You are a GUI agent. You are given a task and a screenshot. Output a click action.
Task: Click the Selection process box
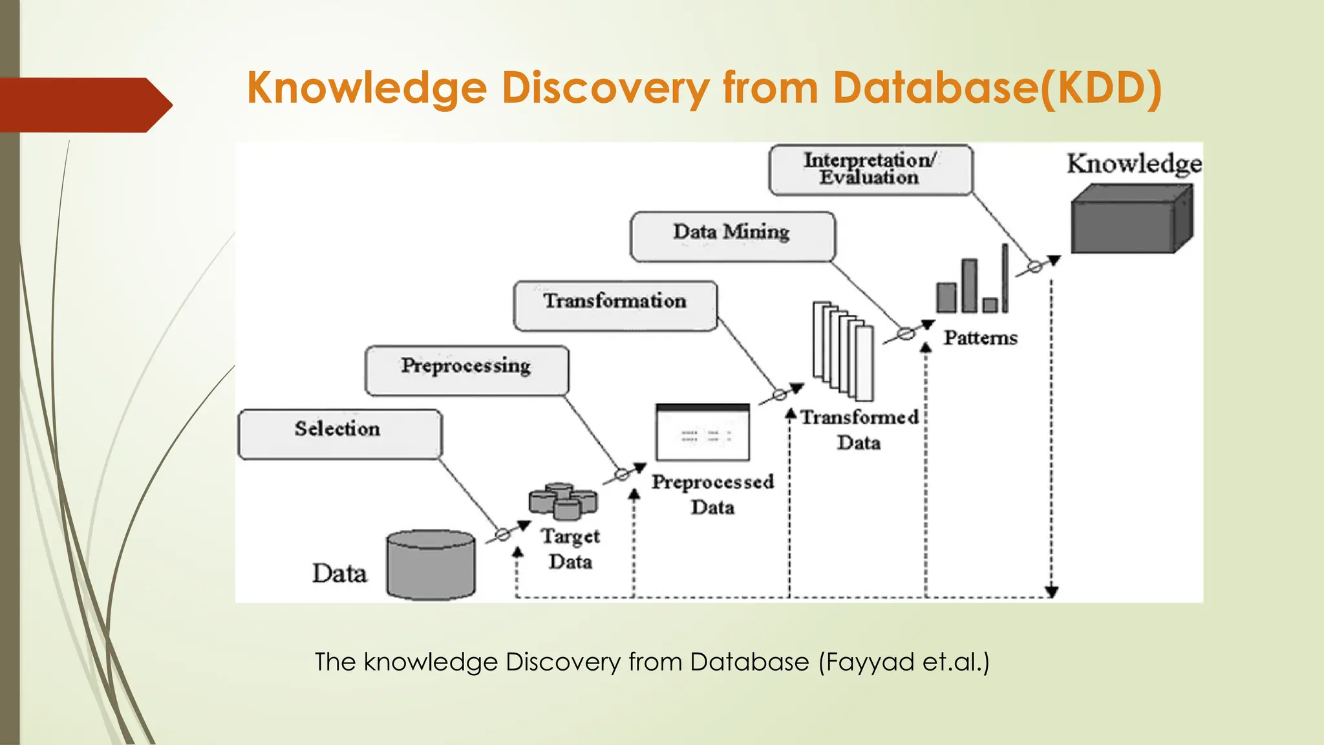point(340,434)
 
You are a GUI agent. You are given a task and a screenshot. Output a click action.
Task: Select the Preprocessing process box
point(467,370)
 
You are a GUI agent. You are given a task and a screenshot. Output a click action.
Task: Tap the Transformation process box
point(615,305)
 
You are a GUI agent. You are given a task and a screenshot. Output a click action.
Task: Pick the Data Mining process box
point(732,236)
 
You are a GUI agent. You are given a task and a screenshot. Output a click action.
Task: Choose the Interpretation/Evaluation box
point(870,169)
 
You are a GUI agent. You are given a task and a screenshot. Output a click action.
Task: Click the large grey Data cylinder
point(431,565)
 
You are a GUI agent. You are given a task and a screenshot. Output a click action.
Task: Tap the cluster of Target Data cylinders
point(563,501)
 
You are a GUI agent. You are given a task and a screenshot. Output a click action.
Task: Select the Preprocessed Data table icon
point(703,432)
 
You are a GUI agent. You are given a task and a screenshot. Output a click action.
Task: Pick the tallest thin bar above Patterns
point(1005,278)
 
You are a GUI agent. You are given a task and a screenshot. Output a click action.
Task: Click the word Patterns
point(980,338)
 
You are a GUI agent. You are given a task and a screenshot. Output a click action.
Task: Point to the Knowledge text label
point(1134,164)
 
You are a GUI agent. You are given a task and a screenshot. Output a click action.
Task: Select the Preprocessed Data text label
point(712,494)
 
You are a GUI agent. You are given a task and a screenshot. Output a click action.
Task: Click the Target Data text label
point(570,548)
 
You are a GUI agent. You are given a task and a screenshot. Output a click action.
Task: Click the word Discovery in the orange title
point(605,88)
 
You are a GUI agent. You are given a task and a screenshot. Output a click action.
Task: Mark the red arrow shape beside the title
point(84,105)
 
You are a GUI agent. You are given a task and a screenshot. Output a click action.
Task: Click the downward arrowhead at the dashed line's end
point(1052,591)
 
